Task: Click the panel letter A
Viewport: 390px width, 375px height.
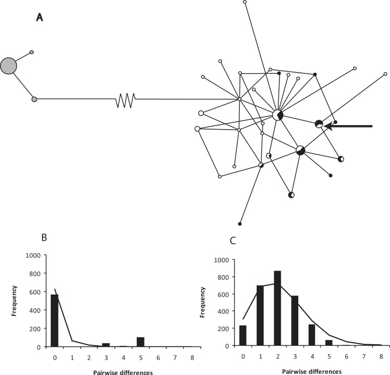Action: [x=39, y=18]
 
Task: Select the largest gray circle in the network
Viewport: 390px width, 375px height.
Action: [x=9, y=66]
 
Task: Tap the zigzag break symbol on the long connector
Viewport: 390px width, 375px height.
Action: [x=126, y=99]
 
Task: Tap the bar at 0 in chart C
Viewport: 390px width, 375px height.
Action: [x=243, y=332]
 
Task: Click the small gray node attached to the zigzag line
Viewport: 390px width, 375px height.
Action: [x=34, y=99]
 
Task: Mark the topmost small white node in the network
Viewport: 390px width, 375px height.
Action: [x=245, y=2]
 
